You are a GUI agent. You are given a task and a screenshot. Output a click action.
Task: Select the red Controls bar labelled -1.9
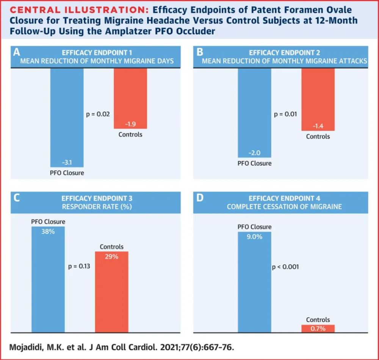130,99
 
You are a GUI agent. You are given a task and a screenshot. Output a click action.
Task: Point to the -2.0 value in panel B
254,153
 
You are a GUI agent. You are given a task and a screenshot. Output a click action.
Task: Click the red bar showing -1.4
318,99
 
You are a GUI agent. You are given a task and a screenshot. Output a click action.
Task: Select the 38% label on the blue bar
48,231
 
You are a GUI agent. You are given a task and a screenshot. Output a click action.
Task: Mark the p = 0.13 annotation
79,266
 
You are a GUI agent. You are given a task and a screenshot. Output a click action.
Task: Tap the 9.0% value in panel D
254,237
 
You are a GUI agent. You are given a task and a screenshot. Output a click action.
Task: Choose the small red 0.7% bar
318,329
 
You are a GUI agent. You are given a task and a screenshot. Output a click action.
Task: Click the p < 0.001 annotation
285,267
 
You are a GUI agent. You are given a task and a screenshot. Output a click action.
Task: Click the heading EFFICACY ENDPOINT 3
97,198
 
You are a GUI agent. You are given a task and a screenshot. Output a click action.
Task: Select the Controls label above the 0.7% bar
318,320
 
